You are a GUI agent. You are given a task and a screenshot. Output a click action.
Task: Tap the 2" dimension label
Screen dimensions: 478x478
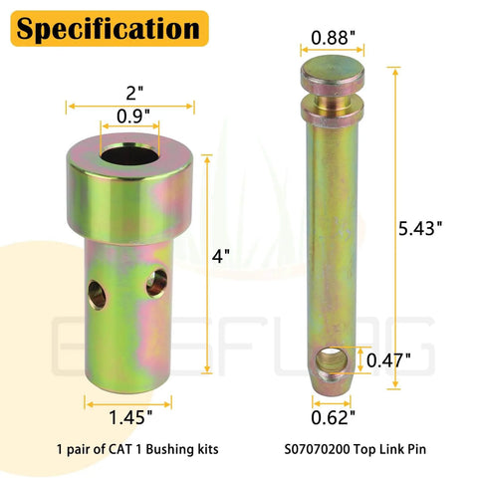[135, 91]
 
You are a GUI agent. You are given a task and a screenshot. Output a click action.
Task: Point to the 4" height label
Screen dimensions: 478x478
[221, 255]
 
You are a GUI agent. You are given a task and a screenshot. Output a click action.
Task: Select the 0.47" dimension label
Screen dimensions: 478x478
[389, 359]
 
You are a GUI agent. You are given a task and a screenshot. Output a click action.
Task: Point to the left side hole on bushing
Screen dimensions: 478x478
[97, 292]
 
